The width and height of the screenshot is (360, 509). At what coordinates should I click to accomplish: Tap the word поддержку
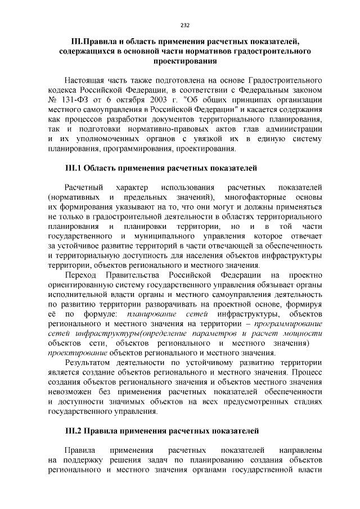point(84,460)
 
